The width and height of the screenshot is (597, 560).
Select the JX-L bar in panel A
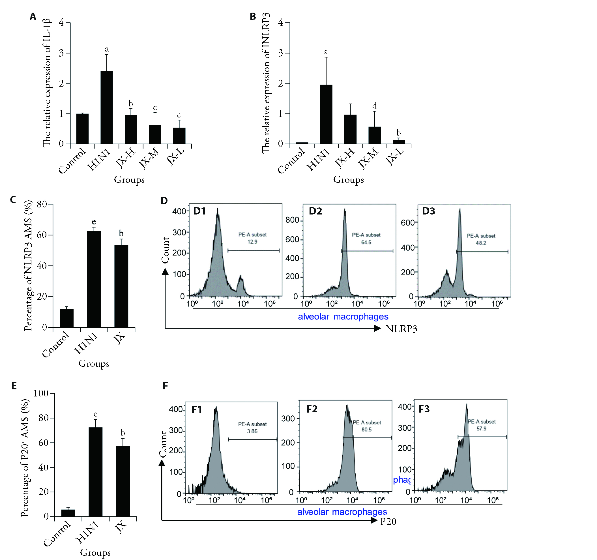point(179,136)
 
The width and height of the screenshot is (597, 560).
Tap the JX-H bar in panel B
point(350,129)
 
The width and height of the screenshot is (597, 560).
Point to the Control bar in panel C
point(66,318)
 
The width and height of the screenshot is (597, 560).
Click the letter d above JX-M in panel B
point(375,106)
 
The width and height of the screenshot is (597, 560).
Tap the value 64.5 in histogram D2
point(366,242)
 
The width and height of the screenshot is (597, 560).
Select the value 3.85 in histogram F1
point(252,431)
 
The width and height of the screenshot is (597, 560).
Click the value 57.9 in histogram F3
point(481,428)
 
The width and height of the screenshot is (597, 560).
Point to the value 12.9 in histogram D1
point(252,242)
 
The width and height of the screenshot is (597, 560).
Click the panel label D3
point(429,211)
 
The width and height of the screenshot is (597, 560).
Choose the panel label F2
point(312,409)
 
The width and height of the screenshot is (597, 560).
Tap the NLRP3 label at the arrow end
point(401,329)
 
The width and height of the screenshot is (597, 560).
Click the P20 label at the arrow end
point(388,522)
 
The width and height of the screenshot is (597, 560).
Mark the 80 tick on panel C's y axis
point(42,205)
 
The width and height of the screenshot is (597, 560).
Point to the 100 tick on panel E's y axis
point(41,393)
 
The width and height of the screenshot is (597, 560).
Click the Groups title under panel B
point(348,180)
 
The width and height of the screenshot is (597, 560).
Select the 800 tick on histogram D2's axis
point(292,220)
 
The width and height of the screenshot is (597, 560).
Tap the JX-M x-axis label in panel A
point(149,158)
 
